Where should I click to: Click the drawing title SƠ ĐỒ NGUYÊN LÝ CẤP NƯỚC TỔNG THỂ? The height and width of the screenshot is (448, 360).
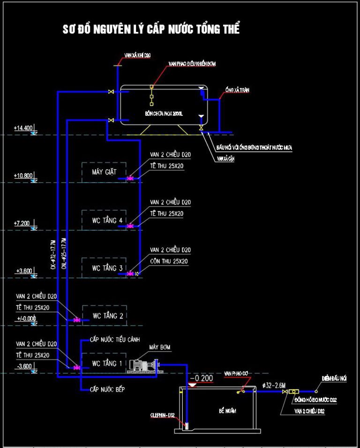(x=151, y=29)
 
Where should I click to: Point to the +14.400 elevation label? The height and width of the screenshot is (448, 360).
(x=23, y=128)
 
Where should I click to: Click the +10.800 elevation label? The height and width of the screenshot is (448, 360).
(x=23, y=176)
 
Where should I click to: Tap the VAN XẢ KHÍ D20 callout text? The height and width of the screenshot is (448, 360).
(x=137, y=56)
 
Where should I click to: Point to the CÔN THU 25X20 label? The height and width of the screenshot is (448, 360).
(x=167, y=261)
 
